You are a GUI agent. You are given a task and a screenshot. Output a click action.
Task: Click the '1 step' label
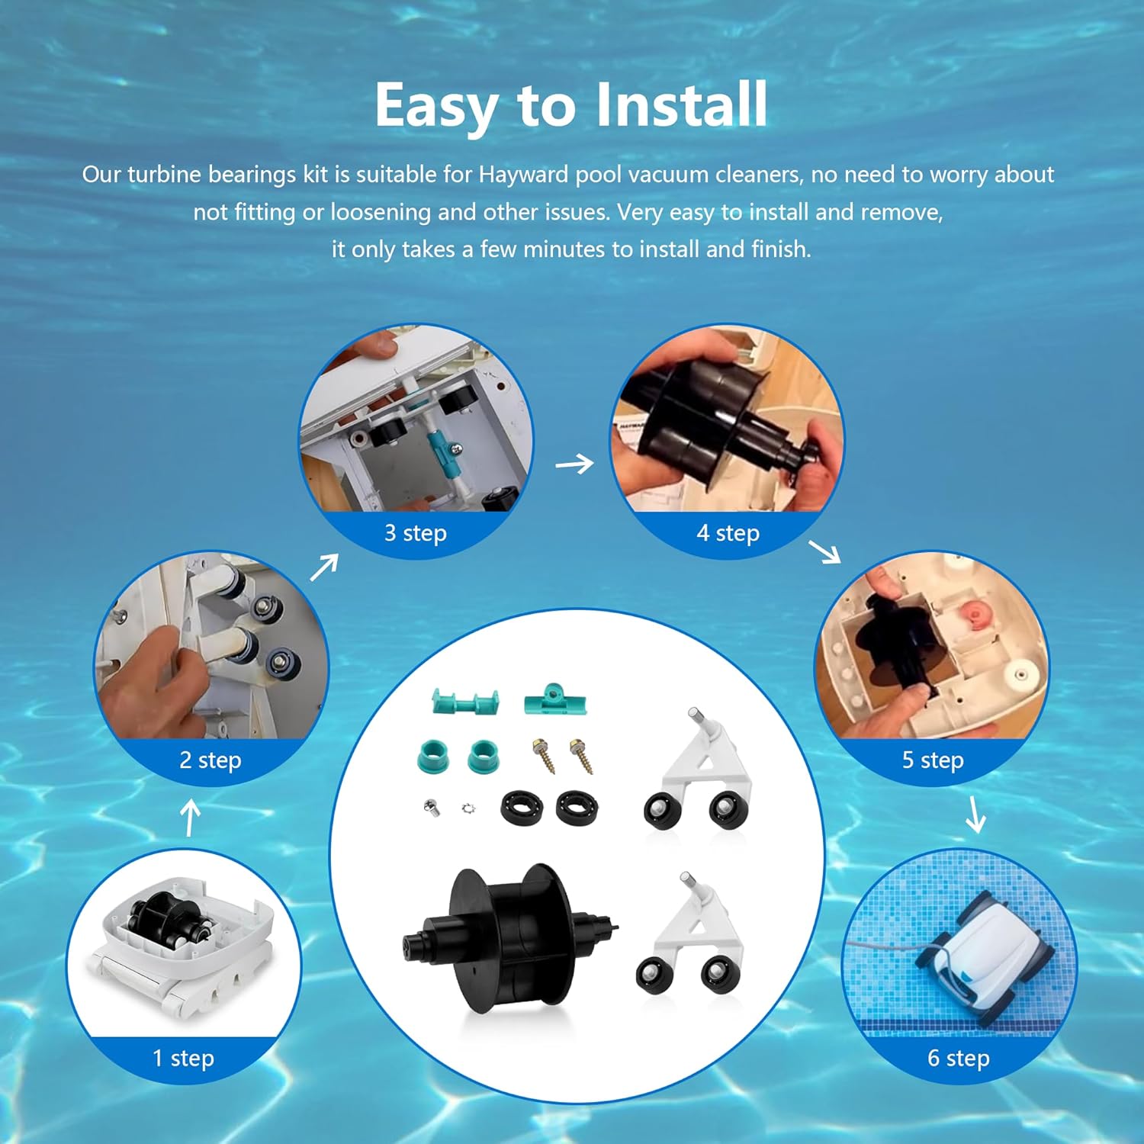tap(183, 1058)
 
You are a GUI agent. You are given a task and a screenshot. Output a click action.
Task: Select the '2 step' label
tap(210, 760)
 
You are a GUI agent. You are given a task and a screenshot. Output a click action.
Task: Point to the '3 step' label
tap(416, 532)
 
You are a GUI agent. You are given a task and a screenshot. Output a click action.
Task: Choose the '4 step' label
tap(728, 532)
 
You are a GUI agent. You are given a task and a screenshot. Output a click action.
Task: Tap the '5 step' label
tap(933, 760)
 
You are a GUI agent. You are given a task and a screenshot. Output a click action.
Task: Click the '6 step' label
tap(959, 1058)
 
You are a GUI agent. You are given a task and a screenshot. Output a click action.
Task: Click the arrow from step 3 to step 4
tap(574, 463)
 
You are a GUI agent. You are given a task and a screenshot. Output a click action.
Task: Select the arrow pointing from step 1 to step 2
tap(190, 818)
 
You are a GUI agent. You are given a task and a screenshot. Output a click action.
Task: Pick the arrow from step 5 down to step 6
tap(975, 815)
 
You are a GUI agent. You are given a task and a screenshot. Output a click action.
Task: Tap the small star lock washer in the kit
tap(468, 808)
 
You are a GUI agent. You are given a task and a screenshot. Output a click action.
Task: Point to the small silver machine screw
tap(432, 807)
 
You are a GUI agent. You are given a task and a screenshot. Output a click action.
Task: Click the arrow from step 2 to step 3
tap(324, 567)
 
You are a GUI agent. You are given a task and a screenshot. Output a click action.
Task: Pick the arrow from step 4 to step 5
tap(824, 551)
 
